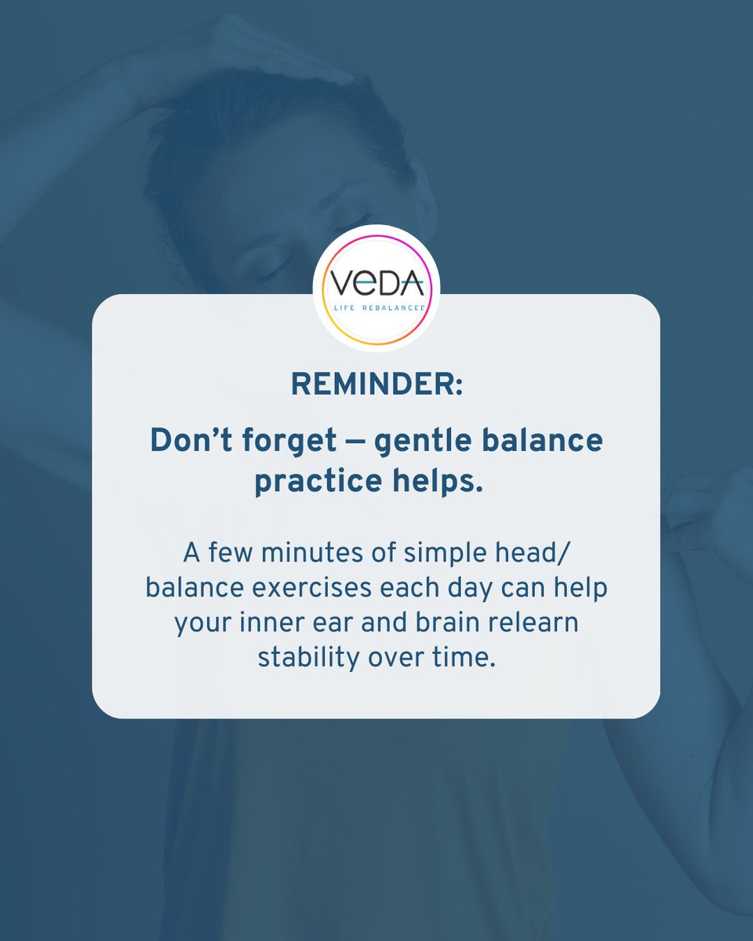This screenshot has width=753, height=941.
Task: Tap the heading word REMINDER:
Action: pos(376,383)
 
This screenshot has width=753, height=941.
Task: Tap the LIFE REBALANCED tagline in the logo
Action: pos(376,307)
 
